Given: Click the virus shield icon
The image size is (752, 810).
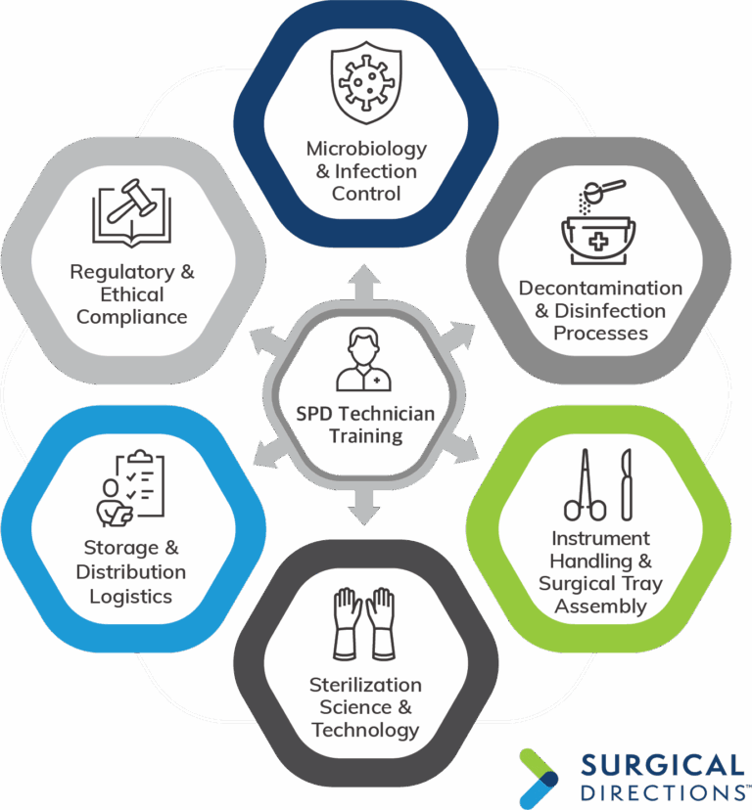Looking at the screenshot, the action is [x=366, y=82].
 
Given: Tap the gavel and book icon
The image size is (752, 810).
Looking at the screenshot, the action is [x=131, y=213].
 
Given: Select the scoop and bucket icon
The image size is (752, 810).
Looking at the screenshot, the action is [x=599, y=222].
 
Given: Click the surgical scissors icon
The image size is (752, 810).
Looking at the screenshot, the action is [x=585, y=484].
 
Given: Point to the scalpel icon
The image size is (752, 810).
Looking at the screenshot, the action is [x=627, y=484].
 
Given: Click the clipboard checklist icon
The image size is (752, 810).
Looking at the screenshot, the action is [x=131, y=489].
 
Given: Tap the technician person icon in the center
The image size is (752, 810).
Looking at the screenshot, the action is [x=363, y=360].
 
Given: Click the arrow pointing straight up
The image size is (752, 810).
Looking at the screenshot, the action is [x=364, y=283].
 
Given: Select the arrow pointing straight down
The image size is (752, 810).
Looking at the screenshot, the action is [x=364, y=508].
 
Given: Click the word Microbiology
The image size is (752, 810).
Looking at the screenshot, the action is [x=366, y=150].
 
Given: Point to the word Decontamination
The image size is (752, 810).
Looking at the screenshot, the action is [x=600, y=289].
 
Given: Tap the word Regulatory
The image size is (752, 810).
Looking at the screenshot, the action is [x=123, y=273].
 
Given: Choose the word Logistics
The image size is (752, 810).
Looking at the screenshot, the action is [x=131, y=597].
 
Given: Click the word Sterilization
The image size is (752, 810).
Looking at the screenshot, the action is [x=365, y=685].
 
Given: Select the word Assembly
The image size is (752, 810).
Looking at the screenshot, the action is [x=600, y=607].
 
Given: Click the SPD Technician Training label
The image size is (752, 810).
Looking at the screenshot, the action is [x=365, y=425].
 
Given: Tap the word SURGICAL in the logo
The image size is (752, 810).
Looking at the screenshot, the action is [x=663, y=766].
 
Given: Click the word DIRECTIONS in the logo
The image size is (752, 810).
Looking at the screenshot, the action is [x=663, y=793].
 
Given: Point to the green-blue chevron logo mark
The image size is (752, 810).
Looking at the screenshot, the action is [x=539, y=778].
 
